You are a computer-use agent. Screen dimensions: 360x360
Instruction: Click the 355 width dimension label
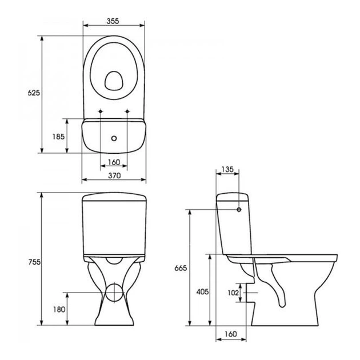click(113, 21)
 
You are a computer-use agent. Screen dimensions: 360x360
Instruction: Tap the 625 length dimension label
click(34, 93)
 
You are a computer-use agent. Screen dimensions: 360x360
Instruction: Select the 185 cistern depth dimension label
click(58, 137)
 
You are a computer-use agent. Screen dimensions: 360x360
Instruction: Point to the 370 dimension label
click(114, 175)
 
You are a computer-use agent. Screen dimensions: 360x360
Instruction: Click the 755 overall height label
click(34, 262)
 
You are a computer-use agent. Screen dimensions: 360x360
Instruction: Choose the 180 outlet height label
click(59, 310)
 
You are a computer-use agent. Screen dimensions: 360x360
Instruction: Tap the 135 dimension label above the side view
click(227, 170)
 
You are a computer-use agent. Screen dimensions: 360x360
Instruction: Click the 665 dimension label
click(181, 268)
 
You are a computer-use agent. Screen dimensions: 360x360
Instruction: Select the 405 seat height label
click(202, 291)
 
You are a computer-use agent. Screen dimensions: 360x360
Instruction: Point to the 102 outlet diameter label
click(233, 293)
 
